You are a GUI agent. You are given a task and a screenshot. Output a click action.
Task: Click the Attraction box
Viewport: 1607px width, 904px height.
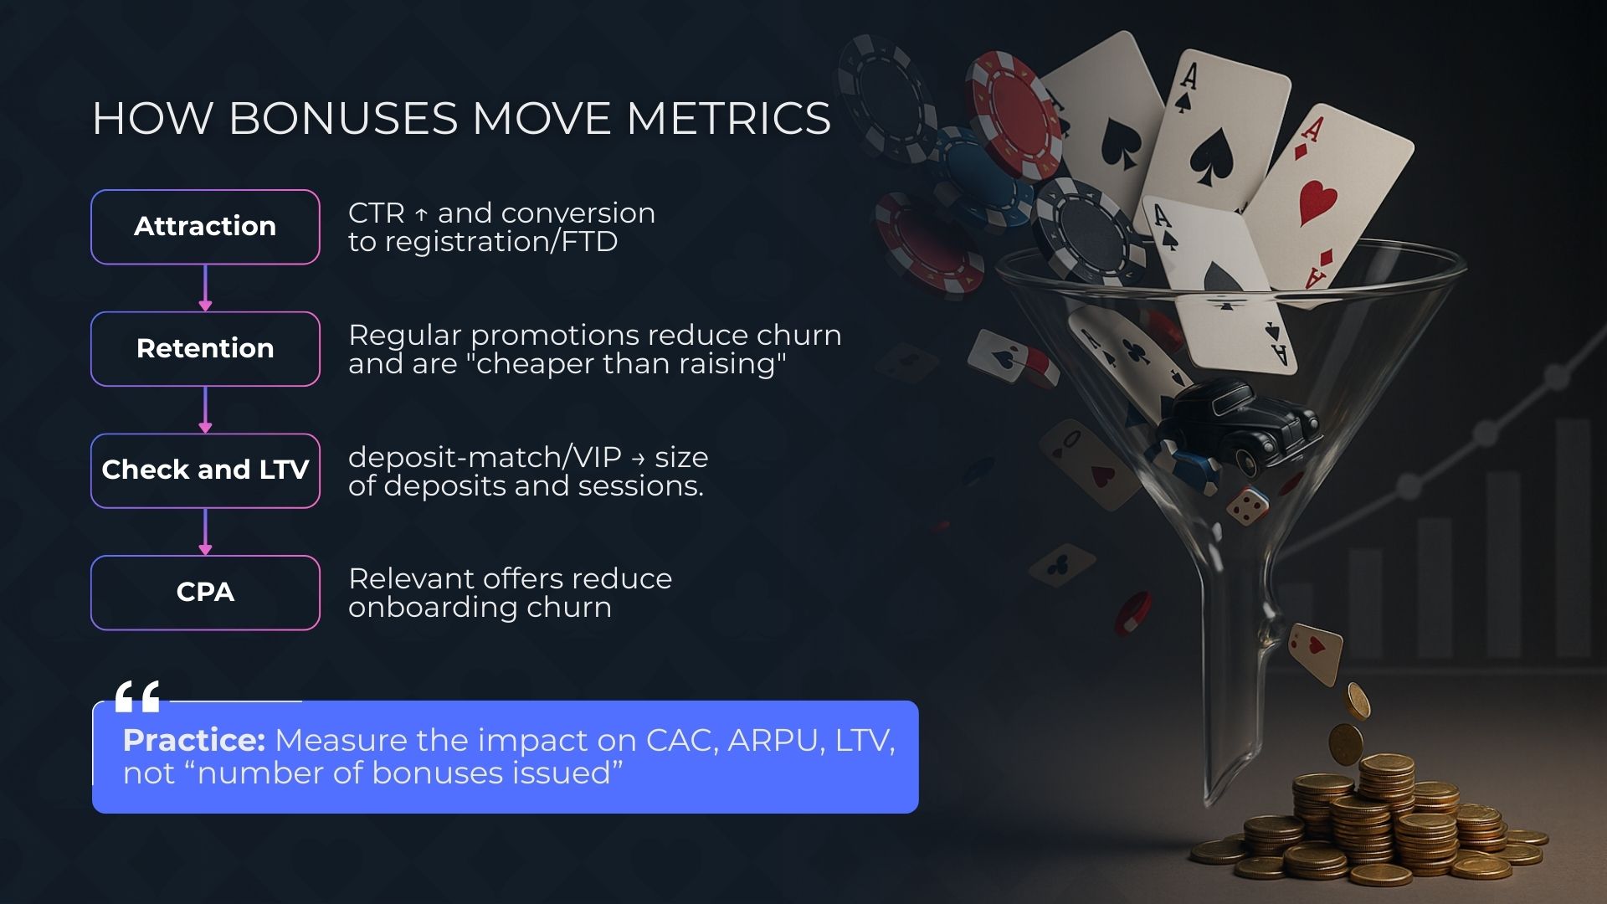coord(205,227)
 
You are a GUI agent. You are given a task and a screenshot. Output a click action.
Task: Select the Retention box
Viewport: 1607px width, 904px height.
coord(205,348)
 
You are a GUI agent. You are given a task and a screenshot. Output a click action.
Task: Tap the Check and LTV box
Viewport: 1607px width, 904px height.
coord(205,470)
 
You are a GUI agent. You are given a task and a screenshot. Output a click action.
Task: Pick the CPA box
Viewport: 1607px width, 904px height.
coord(205,593)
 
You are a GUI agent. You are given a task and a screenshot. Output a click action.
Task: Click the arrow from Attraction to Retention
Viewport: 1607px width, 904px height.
coord(205,288)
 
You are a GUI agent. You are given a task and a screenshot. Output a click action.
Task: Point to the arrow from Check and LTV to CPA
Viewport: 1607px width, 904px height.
coord(205,532)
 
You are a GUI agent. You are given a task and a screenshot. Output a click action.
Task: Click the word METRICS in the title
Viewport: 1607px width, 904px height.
coord(728,118)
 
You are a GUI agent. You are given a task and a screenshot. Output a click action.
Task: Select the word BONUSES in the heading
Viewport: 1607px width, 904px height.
coord(343,118)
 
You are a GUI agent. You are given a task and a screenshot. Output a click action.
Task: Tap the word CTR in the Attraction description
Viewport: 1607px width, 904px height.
coord(377,213)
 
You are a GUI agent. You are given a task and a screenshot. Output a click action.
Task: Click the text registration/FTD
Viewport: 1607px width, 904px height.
coord(501,242)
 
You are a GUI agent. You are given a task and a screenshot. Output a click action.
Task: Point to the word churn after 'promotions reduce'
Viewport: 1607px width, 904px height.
coord(799,335)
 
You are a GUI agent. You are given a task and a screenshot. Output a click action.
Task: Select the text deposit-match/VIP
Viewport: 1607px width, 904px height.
coord(485,457)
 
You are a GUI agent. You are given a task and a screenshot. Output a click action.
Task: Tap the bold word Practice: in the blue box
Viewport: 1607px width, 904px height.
coord(194,741)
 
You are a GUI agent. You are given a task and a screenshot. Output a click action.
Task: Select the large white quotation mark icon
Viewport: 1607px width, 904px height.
coord(137,696)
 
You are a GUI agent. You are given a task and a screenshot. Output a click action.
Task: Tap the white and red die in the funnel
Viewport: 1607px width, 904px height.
coord(1247,505)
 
